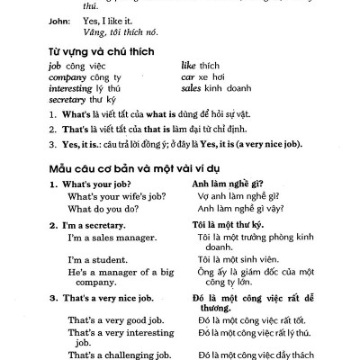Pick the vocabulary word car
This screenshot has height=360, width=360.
click(186, 77)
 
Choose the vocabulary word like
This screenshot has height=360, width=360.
click(188, 66)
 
